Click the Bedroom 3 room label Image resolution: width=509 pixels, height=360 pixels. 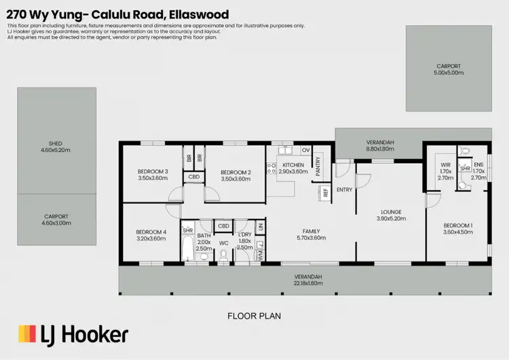click(x=153, y=171)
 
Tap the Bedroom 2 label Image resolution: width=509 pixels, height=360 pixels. click(x=236, y=172)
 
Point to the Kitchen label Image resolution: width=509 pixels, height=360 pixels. click(x=293, y=165)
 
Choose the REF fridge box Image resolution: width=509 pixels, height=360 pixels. click(x=326, y=192)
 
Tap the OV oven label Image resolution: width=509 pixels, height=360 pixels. click(x=305, y=150)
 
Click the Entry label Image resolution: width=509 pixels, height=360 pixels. click(x=344, y=190)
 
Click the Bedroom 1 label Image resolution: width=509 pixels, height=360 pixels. click(x=458, y=225)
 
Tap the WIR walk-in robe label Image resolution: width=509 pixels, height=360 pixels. click(x=445, y=164)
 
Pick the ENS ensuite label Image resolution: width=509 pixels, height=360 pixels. click(x=478, y=164)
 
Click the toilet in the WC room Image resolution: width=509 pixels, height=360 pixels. click(x=225, y=255)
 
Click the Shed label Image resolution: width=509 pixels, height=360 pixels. click(x=56, y=143)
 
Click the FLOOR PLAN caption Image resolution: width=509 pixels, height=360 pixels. click(x=254, y=316)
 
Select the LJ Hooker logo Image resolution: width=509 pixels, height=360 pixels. click(x=73, y=334)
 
